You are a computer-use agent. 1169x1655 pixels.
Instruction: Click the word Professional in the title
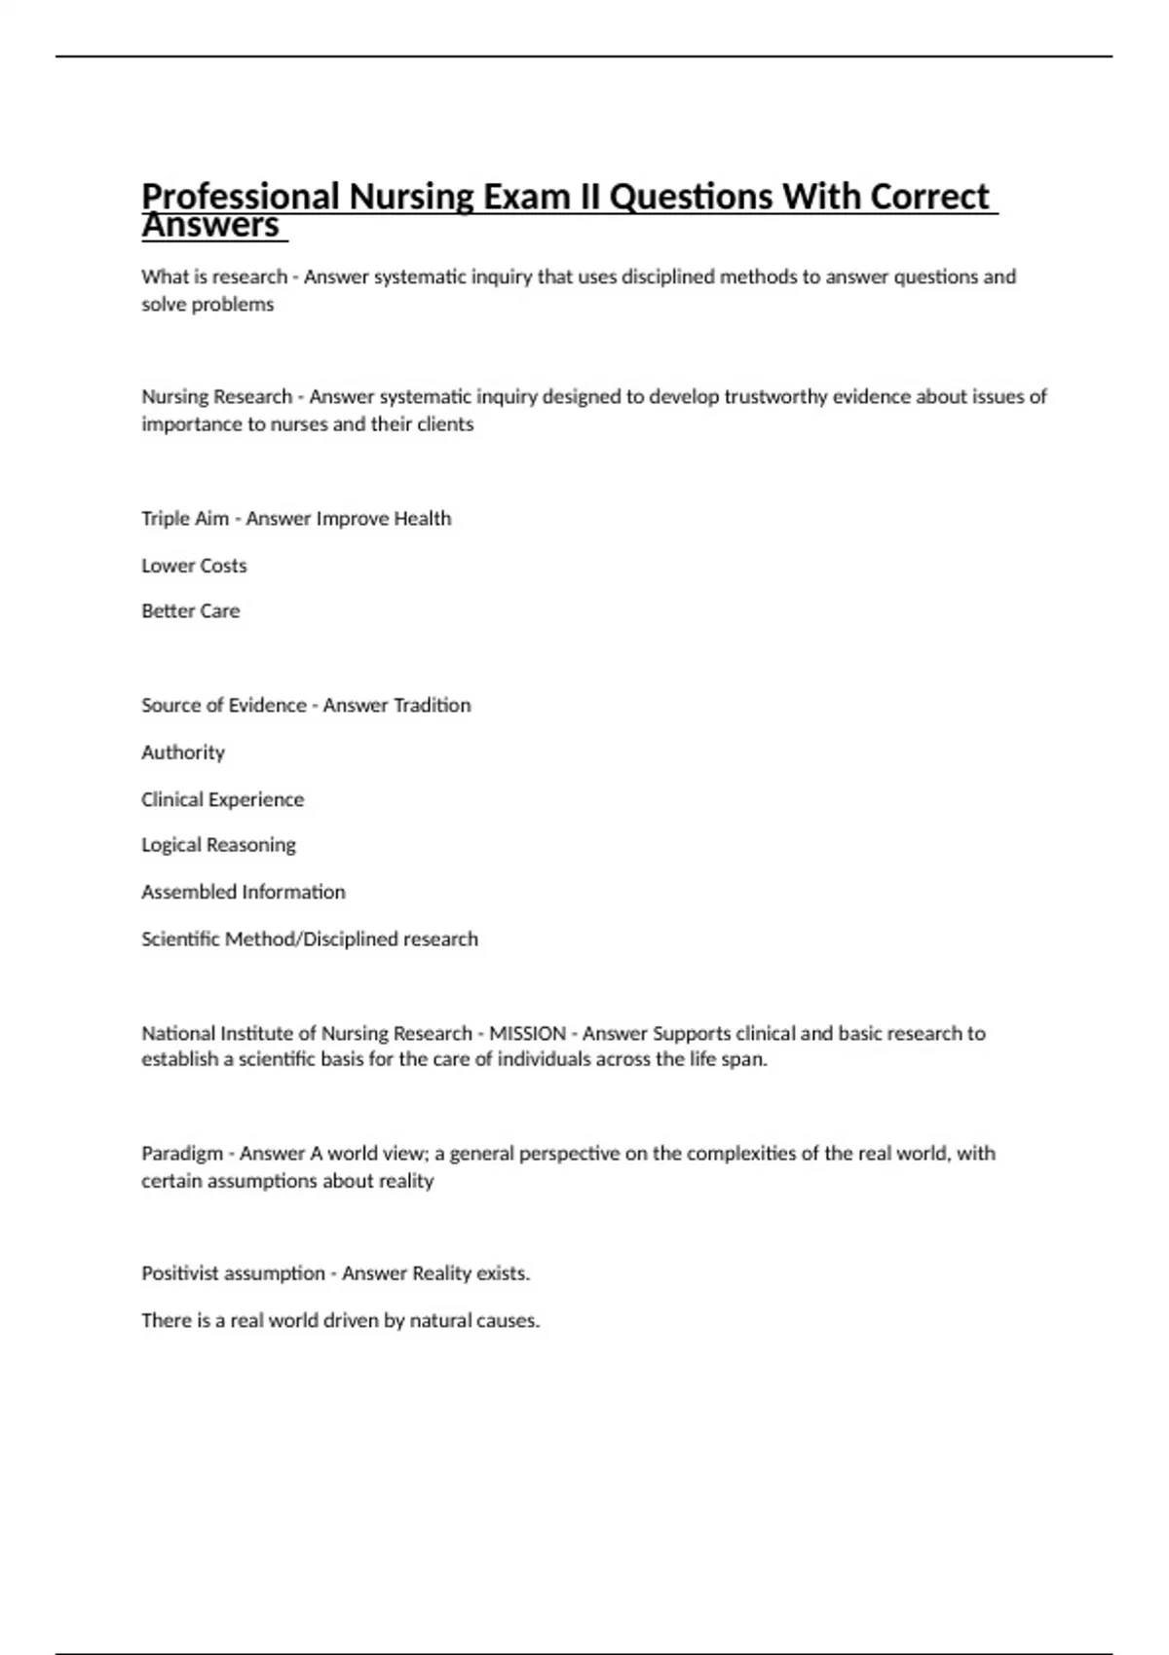(x=241, y=197)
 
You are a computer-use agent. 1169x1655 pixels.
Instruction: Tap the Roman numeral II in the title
(x=589, y=197)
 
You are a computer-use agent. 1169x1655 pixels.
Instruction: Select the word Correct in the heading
(x=929, y=197)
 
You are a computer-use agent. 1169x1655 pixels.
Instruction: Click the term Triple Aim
(x=185, y=519)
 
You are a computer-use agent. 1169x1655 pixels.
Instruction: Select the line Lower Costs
(x=194, y=566)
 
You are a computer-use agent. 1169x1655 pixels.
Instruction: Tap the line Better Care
(x=190, y=611)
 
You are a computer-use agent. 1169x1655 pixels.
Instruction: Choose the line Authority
(x=183, y=753)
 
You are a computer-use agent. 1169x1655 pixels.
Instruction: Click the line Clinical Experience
(x=222, y=799)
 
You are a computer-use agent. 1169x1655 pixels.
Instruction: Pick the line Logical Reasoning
(x=218, y=845)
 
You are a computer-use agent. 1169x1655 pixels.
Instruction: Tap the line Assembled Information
(x=243, y=892)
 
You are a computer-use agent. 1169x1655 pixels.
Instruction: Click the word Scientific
(x=181, y=939)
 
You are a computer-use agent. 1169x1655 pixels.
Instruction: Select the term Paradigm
(x=182, y=1154)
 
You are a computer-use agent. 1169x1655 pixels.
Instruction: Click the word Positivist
(x=182, y=1273)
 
